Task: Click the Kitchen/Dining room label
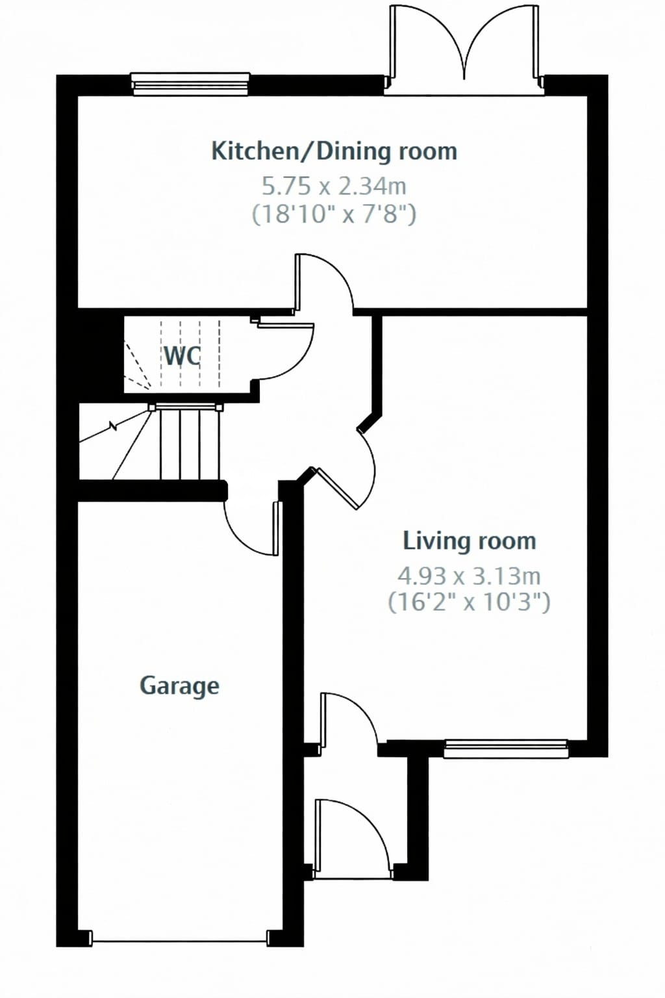pos(334,151)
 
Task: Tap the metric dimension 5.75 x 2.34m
pos(334,186)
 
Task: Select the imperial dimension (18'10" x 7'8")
pos(334,214)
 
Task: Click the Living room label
pos(470,541)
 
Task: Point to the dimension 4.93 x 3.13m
pos(470,576)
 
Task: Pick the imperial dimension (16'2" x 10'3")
pos(470,602)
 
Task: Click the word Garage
pos(179,686)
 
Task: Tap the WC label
pos(182,356)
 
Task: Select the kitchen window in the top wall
pos(190,84)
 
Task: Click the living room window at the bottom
pos(506,748)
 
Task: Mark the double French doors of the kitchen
pos(464,49)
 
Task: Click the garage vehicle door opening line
pos(180,941)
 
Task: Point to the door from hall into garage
pos(252,528)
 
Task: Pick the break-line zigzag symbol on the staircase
pos(114,428)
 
